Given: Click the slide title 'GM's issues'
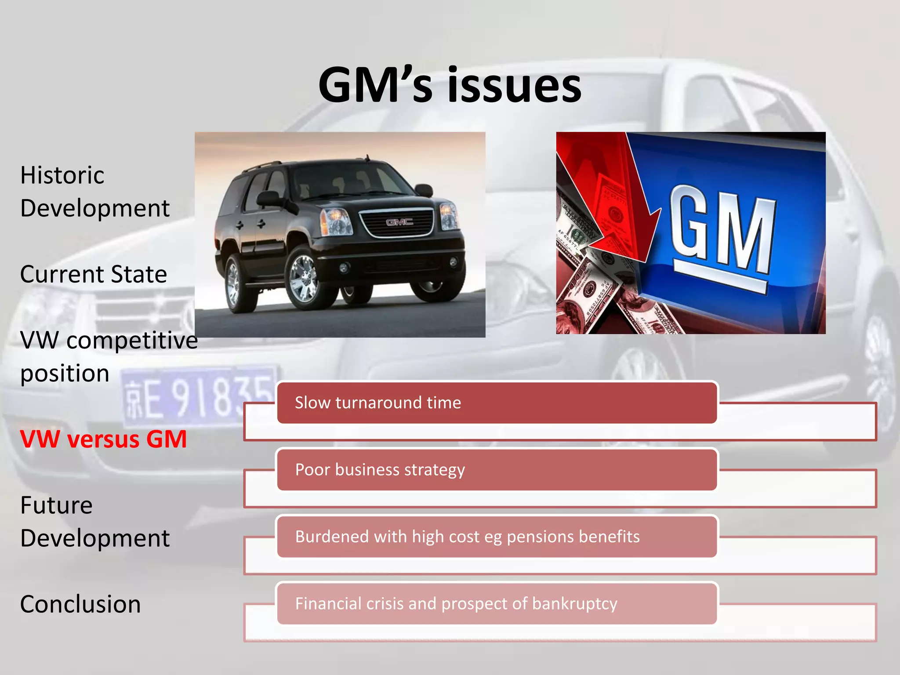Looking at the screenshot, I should click(x=450, y=86).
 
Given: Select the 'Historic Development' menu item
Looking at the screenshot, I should click(x=94, y=192).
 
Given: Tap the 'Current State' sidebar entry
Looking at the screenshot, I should click(x=94, y=275).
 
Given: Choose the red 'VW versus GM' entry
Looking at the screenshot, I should click(x=104, y=439).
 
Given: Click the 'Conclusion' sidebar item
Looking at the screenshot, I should click(x=80, y=604).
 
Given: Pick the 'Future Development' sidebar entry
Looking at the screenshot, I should click(x=94, y=522).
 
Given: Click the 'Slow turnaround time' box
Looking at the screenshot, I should click(x=497, y=403).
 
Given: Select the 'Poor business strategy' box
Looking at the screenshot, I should click(x=497, y=470).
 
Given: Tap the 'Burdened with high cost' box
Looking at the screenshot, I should click(x=497, y=537).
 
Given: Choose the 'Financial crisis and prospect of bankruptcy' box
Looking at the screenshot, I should click(x=497, y=604).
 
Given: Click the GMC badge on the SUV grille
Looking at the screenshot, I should click(x=399, y=222).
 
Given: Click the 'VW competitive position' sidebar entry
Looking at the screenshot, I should click(x=109, y=357).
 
